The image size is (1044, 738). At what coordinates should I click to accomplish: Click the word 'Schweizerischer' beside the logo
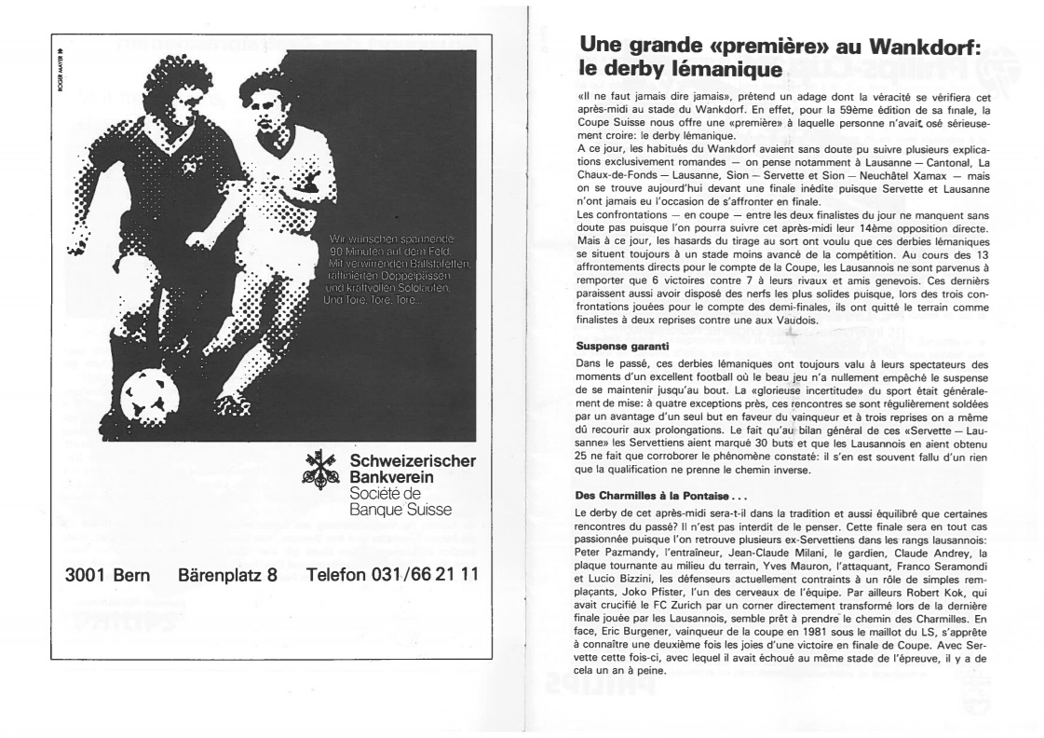411,462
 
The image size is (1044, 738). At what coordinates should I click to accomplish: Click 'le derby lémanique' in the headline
679,69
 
